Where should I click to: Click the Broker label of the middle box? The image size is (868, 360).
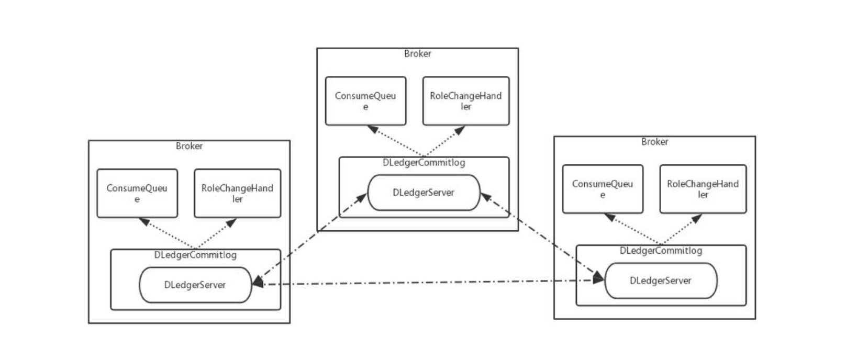417,53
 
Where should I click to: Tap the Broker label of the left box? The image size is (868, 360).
189,146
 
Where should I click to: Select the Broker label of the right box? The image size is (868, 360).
654,142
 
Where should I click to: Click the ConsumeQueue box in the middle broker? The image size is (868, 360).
365,101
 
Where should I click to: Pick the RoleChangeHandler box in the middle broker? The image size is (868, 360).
465,101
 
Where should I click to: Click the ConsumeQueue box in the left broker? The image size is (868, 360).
137,193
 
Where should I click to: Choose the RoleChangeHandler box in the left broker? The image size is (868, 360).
237,193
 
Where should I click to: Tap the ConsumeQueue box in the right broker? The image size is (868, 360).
602,189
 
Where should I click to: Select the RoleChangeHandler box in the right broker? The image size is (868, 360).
703,189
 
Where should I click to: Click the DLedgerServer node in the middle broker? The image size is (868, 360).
424,193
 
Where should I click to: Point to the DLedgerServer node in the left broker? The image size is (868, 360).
195,285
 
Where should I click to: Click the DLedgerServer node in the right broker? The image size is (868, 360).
660,281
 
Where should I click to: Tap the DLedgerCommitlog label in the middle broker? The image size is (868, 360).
424,163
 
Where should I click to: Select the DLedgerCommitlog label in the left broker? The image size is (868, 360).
195,255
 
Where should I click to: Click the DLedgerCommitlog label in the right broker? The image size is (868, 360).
661,251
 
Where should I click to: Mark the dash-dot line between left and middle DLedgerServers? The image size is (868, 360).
309,239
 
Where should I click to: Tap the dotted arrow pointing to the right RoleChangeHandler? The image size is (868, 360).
681,230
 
